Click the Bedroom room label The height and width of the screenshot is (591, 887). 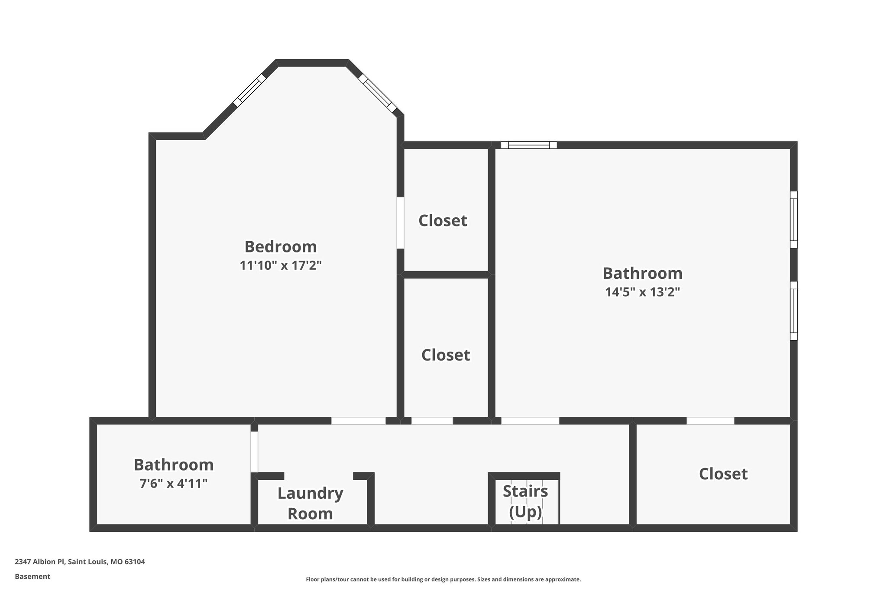(281, 247)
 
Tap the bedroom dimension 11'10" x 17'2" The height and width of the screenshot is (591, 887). (281, 265)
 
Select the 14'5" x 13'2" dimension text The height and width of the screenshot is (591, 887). (642, 292)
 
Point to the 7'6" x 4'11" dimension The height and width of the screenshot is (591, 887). (174, 483)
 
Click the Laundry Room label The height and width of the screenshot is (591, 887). (310, 503)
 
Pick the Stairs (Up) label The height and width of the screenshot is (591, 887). (525, 501)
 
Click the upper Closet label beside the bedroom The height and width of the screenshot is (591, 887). (443, 221)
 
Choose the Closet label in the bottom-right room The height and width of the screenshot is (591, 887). (723, 474)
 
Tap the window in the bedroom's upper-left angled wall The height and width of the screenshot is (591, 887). (249, 90)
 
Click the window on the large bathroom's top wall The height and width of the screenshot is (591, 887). (529, 145)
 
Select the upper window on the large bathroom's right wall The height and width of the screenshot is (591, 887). (793, 220)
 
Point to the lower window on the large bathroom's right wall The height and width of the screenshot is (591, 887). (793, 310)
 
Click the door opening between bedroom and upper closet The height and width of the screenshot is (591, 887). (401, 223)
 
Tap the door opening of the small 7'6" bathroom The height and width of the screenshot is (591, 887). (254, 452)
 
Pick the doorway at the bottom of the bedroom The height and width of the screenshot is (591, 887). (358, 420)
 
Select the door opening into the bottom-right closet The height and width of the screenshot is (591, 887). (710, 420)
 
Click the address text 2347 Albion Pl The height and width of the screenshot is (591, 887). (80, 562)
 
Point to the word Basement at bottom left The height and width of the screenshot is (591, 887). (32, 577)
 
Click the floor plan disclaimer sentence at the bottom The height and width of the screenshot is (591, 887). (443, 579)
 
